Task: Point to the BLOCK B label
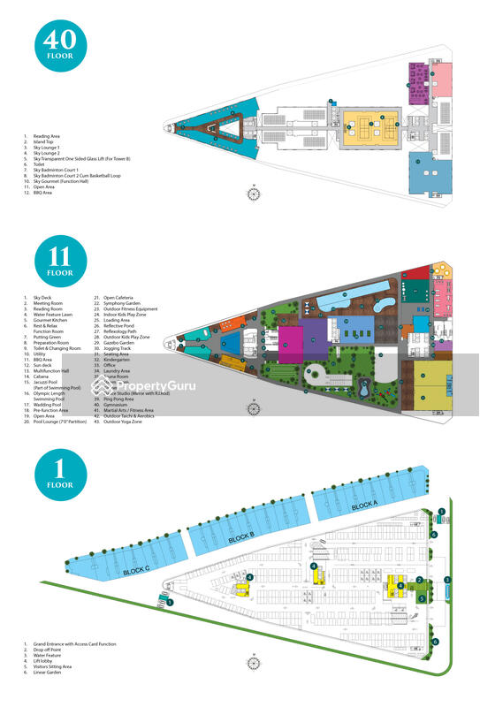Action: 241,537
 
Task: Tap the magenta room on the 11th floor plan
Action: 291,342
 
